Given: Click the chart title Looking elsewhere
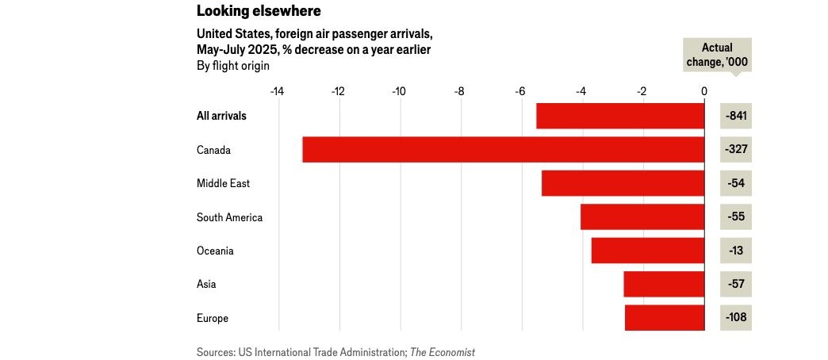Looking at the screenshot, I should [248, 11].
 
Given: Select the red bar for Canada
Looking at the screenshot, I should [503, 150].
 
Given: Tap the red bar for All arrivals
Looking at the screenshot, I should [620, 116].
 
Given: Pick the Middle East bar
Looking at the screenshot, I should [623, 183].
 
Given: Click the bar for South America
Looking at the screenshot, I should [642, 217].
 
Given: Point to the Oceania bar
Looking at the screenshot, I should [647, 251].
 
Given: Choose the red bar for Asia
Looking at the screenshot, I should [664, 284].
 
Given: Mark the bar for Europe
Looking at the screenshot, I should [665, 318].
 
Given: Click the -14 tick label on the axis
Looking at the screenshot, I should [277, 91].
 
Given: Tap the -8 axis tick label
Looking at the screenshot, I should [459, 91].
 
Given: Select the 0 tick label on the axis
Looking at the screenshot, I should [704, 91].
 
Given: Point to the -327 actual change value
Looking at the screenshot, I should [736, 150].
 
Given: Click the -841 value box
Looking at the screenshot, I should [736, 116].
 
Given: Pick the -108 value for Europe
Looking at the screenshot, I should [736, 318].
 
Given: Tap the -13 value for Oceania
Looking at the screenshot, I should [736, 251].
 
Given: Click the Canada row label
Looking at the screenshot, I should [213, 150].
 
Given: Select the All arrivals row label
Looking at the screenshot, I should [221, 116].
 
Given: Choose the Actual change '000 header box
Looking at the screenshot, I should [717, 55].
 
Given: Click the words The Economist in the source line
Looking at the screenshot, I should [443, 352].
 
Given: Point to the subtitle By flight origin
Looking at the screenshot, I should [232, 66].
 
